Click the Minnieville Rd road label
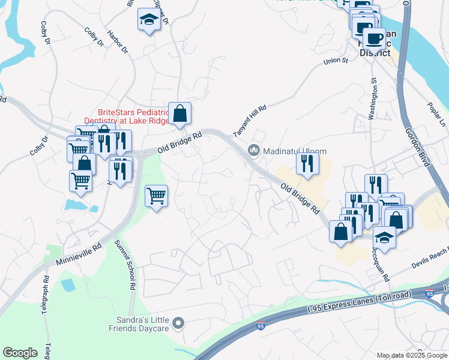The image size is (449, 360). tap(79, 254)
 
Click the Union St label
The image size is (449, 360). tap(336, 61)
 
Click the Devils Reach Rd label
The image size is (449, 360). tap(430, 257)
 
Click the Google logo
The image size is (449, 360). tap(20, 353)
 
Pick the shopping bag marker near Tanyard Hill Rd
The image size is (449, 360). tap(179, 112)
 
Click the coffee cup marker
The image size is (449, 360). tap(374, 39)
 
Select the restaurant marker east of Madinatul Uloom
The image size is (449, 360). tap(307, 163)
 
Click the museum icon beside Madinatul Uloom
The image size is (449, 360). tap(253, 149)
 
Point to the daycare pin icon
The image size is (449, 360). tap(178, 325)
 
